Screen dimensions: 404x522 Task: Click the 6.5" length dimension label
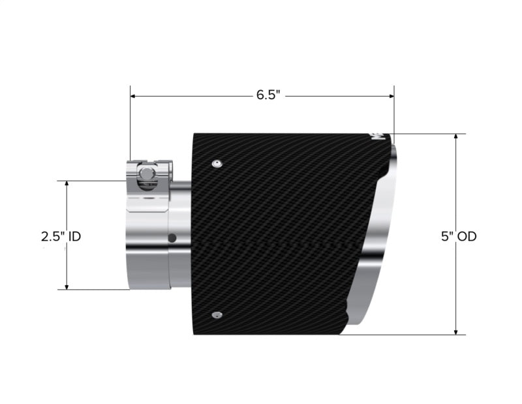click(268, 95)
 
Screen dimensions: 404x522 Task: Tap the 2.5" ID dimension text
click(61, 236)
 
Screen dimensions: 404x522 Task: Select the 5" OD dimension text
click(458, 236)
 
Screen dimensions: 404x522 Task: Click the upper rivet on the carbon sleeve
click(217, 162)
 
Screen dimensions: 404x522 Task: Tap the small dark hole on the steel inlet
click(172, 237)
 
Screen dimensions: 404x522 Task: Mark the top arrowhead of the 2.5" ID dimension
click(67, 184)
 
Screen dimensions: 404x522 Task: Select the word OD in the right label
click(467, 236)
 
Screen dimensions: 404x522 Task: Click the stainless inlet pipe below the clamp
click(147, 248)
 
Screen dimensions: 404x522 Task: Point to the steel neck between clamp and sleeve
click(182, 215)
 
